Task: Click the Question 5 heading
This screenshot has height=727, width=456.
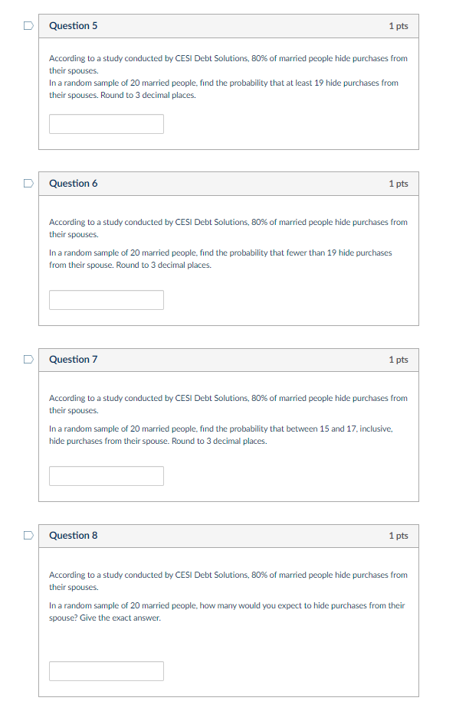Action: click(x=73, y=26)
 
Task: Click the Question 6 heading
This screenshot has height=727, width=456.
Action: click(x=73, y=184)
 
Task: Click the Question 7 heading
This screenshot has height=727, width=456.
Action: click(x=73, y=360)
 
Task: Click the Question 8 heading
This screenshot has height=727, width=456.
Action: click(x=73, y=536)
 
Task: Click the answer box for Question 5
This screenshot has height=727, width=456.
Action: click(x=107, y=124)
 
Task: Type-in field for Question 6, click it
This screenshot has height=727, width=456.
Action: click(x=107, y=300)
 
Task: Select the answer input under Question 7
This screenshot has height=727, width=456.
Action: click(x=107, y=476)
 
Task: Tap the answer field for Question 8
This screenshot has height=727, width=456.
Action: click(x=107, y=671)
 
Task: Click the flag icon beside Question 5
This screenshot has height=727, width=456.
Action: click(x=28, y=26)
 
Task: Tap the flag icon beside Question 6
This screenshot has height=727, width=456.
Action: click(x=28, y=184)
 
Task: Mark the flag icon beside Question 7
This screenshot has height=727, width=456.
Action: click(x=28, y=360)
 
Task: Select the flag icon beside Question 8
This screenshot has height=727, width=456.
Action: click(x=28, y=536)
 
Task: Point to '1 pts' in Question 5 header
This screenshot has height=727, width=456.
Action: click(x=398, y=26)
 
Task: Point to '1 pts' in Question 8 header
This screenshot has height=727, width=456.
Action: click(x=398, y=536)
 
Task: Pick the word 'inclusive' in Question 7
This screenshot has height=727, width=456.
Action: click(x=376, y=429)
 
